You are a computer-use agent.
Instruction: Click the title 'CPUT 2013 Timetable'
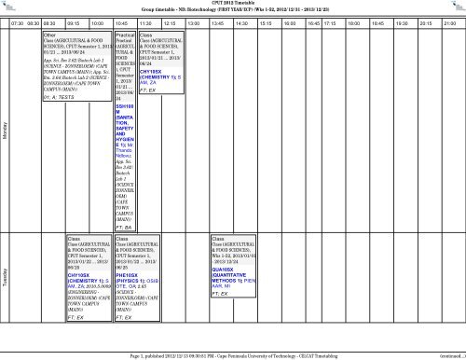(233, 4)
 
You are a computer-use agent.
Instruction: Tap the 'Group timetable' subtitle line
(233, 11)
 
